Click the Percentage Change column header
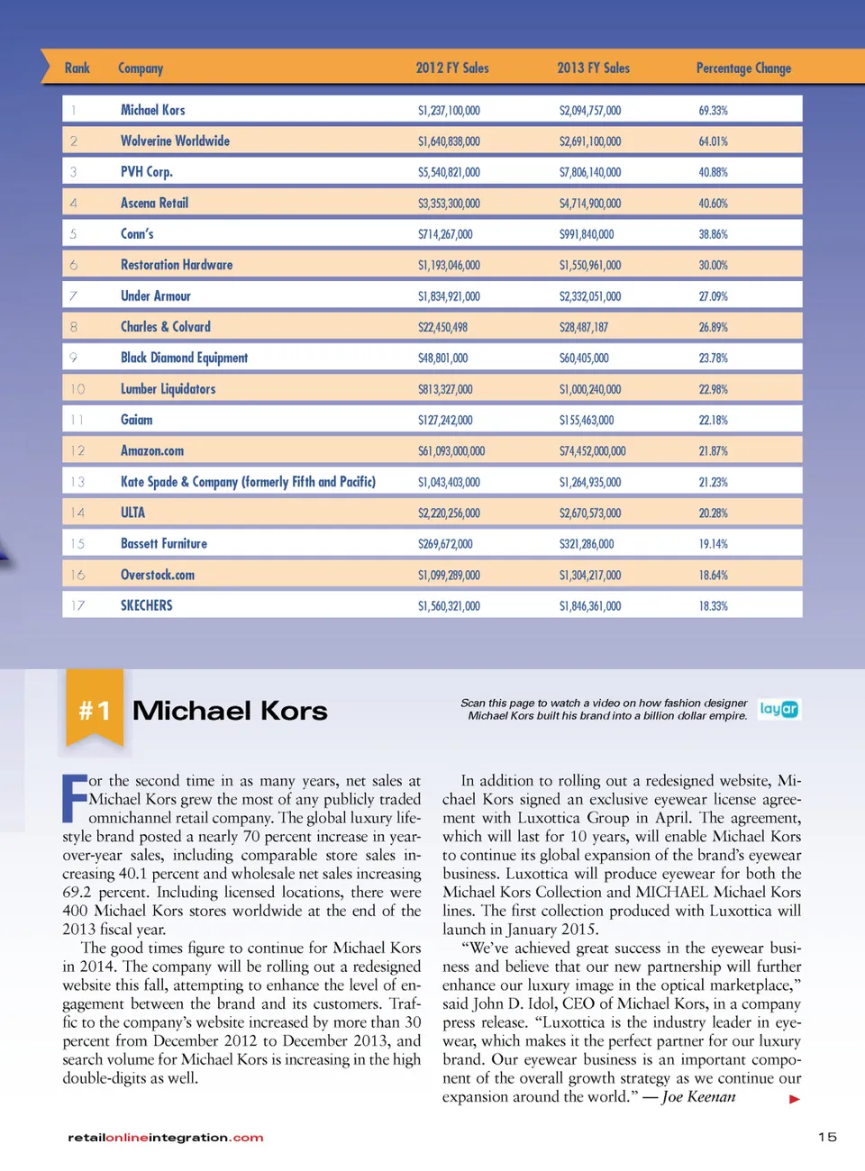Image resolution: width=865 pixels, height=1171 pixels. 743,68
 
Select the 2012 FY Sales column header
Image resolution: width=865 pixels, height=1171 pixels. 452,68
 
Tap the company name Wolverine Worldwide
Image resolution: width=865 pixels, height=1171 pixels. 175,141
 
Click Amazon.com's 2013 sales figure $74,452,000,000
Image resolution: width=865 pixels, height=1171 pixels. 592,451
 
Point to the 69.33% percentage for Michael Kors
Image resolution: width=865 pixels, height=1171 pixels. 713,111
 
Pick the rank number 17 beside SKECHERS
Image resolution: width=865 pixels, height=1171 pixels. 77,606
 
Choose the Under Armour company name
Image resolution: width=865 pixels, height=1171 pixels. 156,296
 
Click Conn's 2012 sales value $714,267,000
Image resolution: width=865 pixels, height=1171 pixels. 445,234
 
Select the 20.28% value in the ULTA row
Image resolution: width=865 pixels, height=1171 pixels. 713,513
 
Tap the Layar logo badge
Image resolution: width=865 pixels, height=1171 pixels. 778,710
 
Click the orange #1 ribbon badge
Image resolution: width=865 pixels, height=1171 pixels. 95,710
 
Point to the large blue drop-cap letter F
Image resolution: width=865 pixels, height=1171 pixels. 74,798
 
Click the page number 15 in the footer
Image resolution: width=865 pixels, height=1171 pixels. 827,1137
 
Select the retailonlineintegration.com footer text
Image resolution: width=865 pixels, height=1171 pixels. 166,1138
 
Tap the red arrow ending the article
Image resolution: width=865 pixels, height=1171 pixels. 794,1099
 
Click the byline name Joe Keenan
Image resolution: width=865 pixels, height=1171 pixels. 698,1097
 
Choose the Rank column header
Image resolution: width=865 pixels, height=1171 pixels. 77,68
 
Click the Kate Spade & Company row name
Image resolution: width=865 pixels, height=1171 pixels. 248,482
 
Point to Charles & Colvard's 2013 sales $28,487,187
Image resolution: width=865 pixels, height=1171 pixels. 583,328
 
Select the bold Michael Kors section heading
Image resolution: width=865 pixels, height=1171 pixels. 230,711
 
